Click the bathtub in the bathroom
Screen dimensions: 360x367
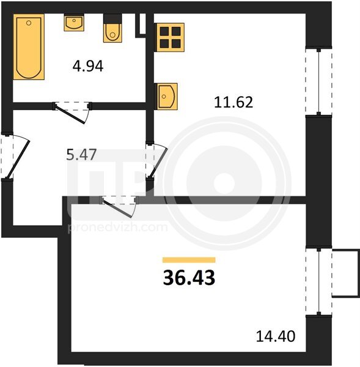(x=29, y=47)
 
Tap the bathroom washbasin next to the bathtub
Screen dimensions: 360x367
(x=74, y=23)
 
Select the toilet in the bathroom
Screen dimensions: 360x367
(x=112, y=28)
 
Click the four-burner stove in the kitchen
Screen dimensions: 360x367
(x=169, y=37)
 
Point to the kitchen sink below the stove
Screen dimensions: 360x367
(x=167, y=97)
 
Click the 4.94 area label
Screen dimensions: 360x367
(x=88, y=66)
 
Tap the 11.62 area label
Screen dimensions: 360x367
(x=233, y=103)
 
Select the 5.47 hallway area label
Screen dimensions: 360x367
(x=81, y=155)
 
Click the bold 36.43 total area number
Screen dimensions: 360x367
(x=189, y=278)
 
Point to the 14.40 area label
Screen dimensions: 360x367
(x=276, y=336)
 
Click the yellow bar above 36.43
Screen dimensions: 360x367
(x=189, y=260)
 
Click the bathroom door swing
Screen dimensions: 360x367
(x=72, y=113)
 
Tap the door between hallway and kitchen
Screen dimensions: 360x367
(x=156, y=160)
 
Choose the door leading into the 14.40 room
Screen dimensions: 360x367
(x=119, y=206)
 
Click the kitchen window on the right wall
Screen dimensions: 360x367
(x=318, y=82)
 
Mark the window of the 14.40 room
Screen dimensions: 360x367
(x=318, y=282)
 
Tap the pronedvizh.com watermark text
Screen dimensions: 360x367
(x=118, y=228)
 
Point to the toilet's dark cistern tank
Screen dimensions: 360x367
(x=112, y=18)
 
